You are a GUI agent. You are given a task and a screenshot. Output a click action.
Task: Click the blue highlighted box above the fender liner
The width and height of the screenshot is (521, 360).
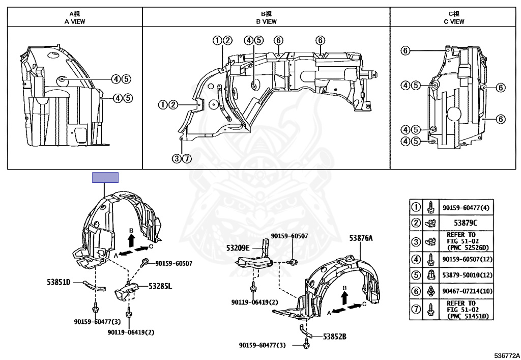[105, 178]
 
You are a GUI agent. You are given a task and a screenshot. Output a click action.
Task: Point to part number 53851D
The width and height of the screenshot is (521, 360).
[59, 283]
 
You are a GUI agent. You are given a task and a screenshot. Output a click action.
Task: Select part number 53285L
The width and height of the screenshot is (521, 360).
[160, 286]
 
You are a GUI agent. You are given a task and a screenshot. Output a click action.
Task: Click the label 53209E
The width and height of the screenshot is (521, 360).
[238, 248]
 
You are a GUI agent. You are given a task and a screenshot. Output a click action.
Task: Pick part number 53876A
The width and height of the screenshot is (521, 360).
[361, 238]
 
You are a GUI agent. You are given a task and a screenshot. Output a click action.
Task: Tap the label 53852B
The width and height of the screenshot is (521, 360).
[335, 337]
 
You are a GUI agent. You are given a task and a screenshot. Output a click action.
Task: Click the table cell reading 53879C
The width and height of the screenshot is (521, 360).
[466, 223]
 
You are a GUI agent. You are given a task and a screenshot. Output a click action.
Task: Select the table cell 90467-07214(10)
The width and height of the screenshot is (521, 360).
[467, 291]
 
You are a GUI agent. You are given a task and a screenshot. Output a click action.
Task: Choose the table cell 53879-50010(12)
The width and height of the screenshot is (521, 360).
[467, 275]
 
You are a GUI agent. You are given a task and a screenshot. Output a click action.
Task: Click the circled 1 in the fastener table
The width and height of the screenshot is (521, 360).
[416, 207]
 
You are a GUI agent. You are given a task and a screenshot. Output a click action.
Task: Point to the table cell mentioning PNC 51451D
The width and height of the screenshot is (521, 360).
[468, 310]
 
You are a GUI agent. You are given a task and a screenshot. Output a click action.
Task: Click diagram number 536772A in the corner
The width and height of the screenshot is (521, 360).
[507, 356]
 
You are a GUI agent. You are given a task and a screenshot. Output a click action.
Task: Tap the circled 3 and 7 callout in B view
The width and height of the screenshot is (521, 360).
[182, 158]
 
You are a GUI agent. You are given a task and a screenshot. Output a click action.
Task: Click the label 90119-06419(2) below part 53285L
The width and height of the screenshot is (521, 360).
[131, 332]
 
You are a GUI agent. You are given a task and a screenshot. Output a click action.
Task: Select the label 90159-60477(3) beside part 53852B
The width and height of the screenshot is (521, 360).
[262, 345]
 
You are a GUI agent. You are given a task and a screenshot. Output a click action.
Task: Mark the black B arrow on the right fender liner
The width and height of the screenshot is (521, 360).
[344, 298]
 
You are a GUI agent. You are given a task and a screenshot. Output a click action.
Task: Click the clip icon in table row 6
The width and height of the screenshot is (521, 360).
[430, 291]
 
